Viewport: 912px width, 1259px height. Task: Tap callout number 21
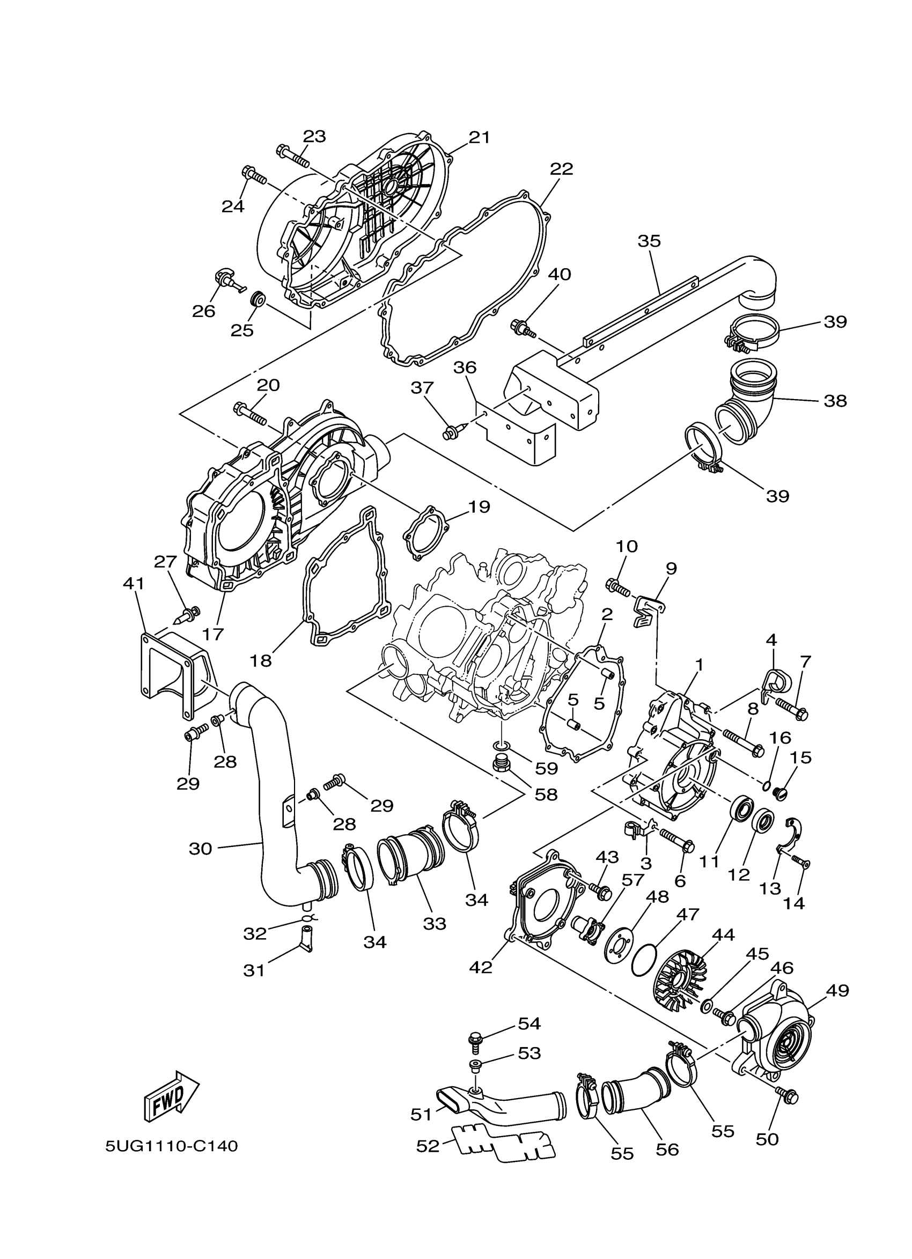(479, 137)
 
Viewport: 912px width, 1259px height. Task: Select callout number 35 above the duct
(649, 241)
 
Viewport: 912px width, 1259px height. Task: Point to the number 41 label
(133, 584)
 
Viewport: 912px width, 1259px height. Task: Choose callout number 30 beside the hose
(201, 848)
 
